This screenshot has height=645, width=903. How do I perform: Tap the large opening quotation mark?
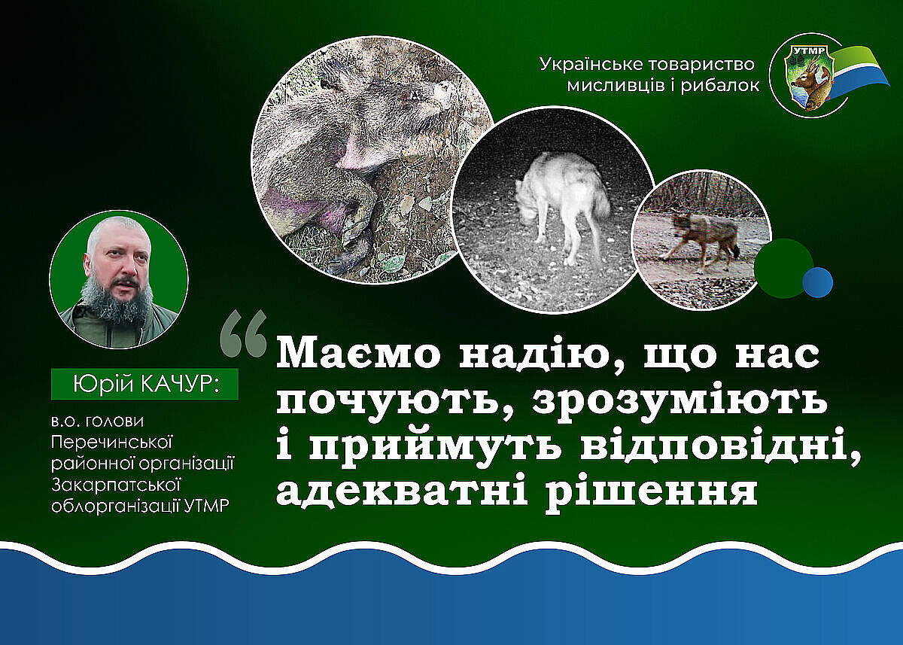pyautogui.click(x=244, y=333)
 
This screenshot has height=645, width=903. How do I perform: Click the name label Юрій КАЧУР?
pyautogui.click(x=144, y=384)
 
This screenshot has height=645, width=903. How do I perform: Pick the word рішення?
pyautogui.click(x=652, y=492)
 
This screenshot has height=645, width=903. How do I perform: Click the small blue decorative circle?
pyautogui.click(x=817, y=282)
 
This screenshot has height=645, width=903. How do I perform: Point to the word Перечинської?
pyautogui.click(x=112, y=443)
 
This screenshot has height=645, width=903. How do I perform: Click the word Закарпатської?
pyautogui.click(x=115, y=485)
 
